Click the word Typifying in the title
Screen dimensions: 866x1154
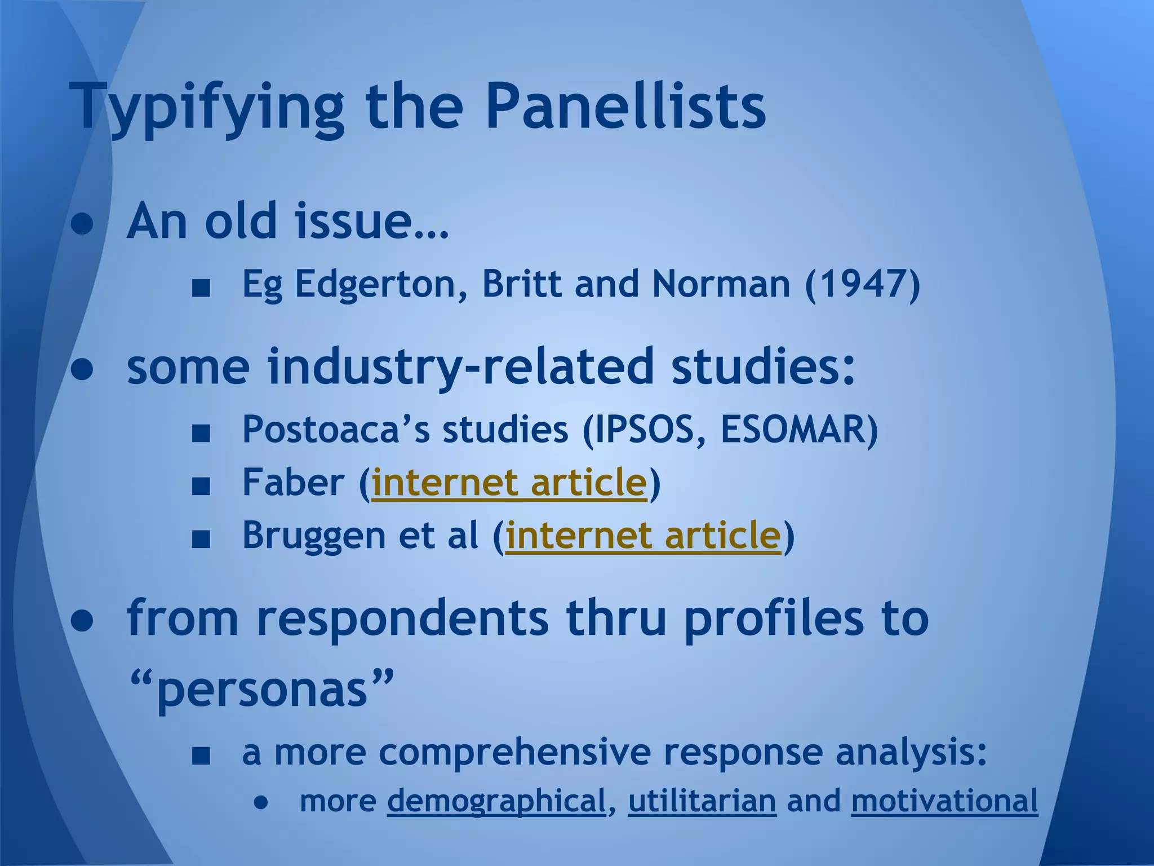pyautogui.click(x=206, y=107)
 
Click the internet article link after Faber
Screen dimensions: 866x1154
pyautogui.click(x=509, y=483)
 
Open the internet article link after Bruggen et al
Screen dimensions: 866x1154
pyautogui.click(x=643, y=535)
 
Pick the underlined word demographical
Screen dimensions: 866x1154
pyautogui.click(x=496, y=801)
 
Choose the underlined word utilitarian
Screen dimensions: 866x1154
pyautogui.click(x=702, y=801)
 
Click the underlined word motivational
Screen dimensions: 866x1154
pyautogui.click(x=944, y=801)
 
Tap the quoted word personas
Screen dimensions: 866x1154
pyautogui.click(x=262, y=690)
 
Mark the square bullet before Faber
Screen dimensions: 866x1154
pyautogui.click(x=201, y=485)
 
